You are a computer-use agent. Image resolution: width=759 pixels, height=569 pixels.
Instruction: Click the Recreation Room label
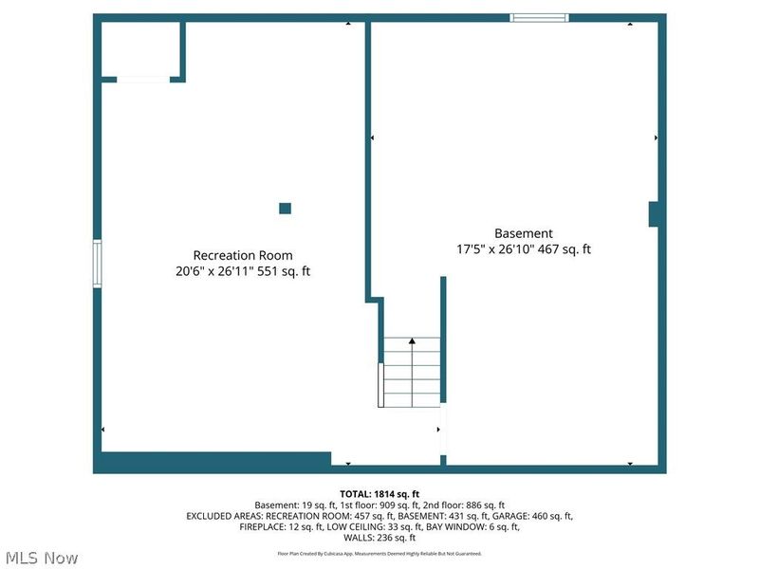243,255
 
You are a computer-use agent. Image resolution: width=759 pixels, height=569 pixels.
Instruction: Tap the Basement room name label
524,233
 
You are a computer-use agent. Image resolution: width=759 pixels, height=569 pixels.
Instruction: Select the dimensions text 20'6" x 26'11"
214,271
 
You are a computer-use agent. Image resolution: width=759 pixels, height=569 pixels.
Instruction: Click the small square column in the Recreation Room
286,209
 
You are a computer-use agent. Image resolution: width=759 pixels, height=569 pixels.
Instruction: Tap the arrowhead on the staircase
412,341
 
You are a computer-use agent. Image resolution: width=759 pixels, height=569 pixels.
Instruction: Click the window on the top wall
539,18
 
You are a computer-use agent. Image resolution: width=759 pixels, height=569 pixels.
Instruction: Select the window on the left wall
98,264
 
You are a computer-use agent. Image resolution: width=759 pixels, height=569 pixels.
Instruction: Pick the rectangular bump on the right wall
654,214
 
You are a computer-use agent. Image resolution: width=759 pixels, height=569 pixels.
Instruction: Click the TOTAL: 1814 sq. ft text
379,494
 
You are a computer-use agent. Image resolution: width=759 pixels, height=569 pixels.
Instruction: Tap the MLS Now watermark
42,559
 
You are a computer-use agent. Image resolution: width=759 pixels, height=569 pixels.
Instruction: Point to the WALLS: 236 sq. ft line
379,538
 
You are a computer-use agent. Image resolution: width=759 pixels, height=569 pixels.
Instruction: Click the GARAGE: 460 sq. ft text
532,516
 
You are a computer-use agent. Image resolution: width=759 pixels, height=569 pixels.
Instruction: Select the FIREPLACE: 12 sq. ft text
281,527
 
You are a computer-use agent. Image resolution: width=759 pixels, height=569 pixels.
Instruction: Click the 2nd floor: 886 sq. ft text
464,505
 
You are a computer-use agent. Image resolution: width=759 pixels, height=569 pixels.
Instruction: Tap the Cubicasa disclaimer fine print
379,554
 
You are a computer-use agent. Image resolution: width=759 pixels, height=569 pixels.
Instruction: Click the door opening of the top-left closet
143,80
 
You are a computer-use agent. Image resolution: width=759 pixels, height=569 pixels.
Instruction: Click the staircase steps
412,372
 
